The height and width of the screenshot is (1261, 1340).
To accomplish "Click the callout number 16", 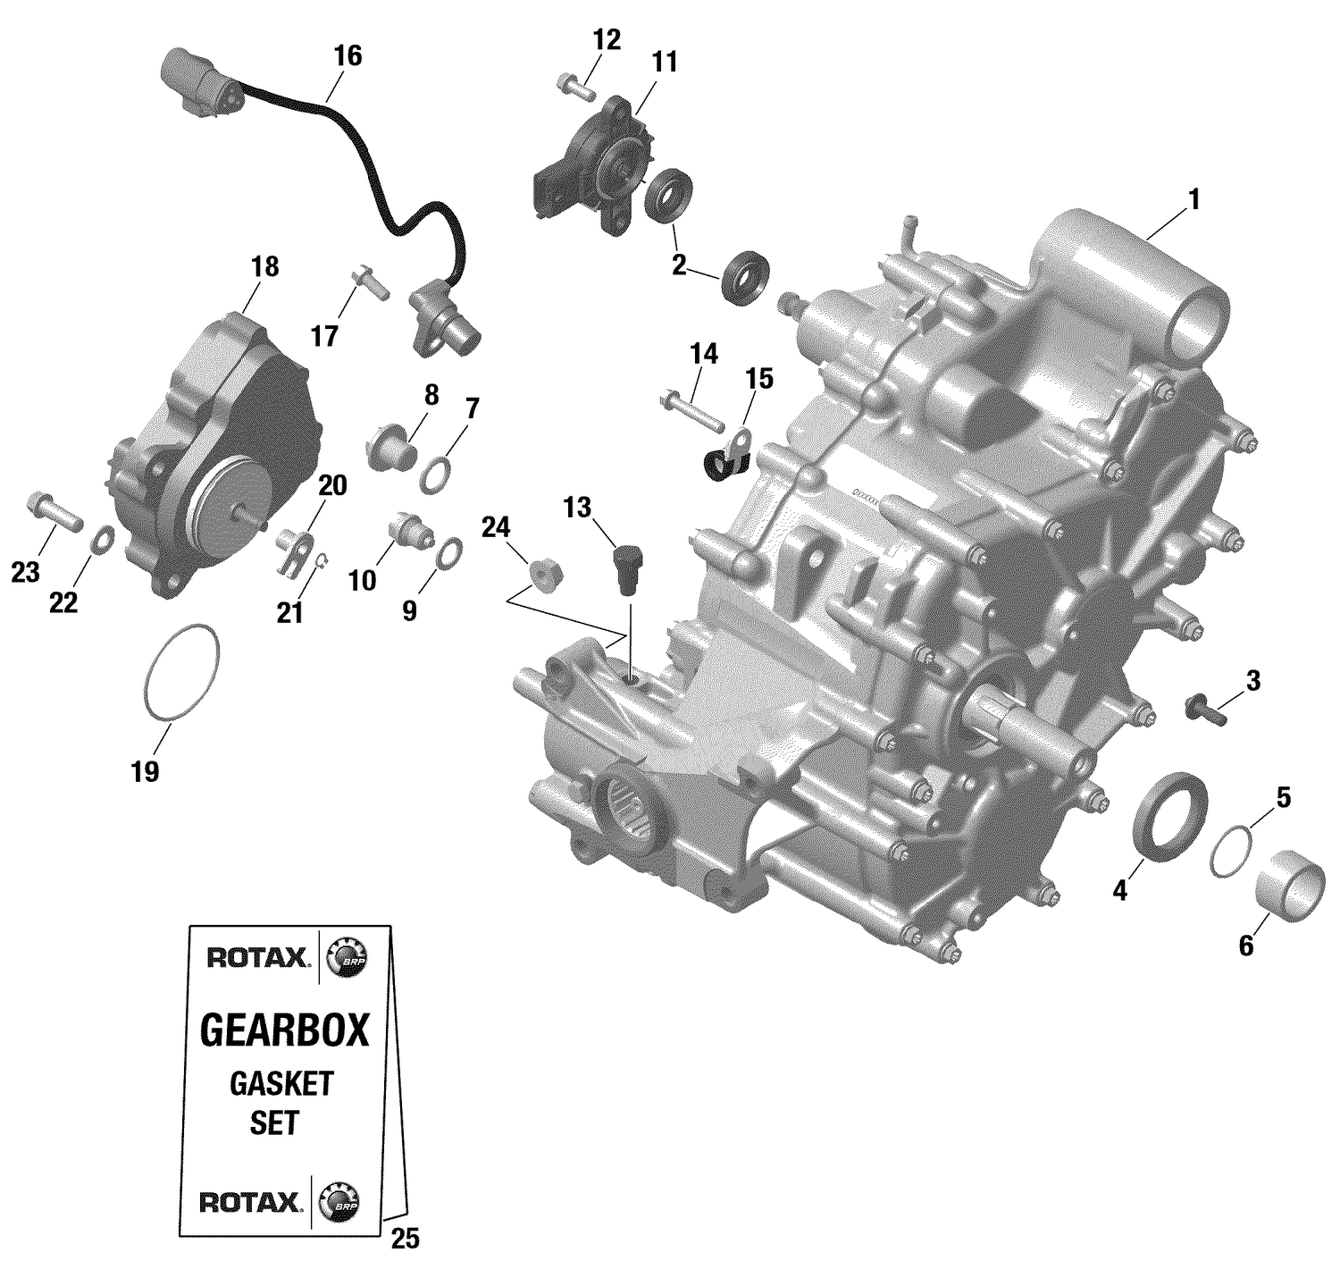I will [348, 55].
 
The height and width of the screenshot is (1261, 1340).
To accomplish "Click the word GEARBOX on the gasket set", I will [284, 1030].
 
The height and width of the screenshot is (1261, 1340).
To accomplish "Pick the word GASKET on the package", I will [281, 1083].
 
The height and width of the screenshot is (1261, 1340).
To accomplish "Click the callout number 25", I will [405, 1239].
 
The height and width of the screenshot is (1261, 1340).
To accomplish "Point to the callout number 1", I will [1193, 199].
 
